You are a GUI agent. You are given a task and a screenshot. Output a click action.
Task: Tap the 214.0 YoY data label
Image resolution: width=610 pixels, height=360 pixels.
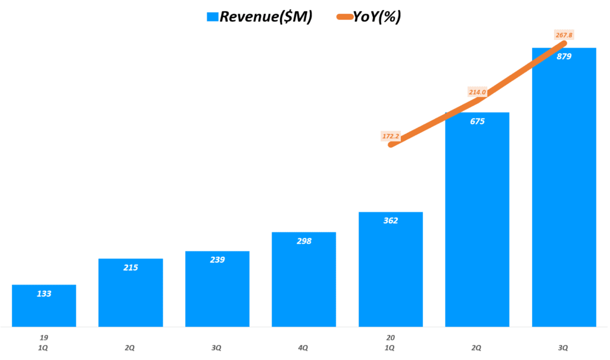point(478,92)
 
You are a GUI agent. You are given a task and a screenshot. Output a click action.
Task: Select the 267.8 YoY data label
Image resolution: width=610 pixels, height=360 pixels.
point(563,35)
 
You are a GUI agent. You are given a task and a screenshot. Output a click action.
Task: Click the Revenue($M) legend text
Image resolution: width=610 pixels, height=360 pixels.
point(266,17)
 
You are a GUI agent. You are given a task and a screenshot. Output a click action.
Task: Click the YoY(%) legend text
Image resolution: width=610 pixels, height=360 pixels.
point(377,17)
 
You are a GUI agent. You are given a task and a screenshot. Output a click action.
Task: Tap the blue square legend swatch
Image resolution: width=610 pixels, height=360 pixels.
point(212,17)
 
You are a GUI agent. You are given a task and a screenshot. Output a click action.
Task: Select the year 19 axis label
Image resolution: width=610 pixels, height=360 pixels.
point(43,337)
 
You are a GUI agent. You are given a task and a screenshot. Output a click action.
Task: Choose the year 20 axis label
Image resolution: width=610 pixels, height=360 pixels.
point(391,337)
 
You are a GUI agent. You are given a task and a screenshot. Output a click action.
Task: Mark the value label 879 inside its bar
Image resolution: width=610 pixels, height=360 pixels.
point(564,57)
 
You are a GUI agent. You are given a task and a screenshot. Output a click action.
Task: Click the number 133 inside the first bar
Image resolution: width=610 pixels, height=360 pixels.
point(43,293)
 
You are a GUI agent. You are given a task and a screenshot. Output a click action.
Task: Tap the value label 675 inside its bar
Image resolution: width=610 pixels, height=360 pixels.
point(477,121)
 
